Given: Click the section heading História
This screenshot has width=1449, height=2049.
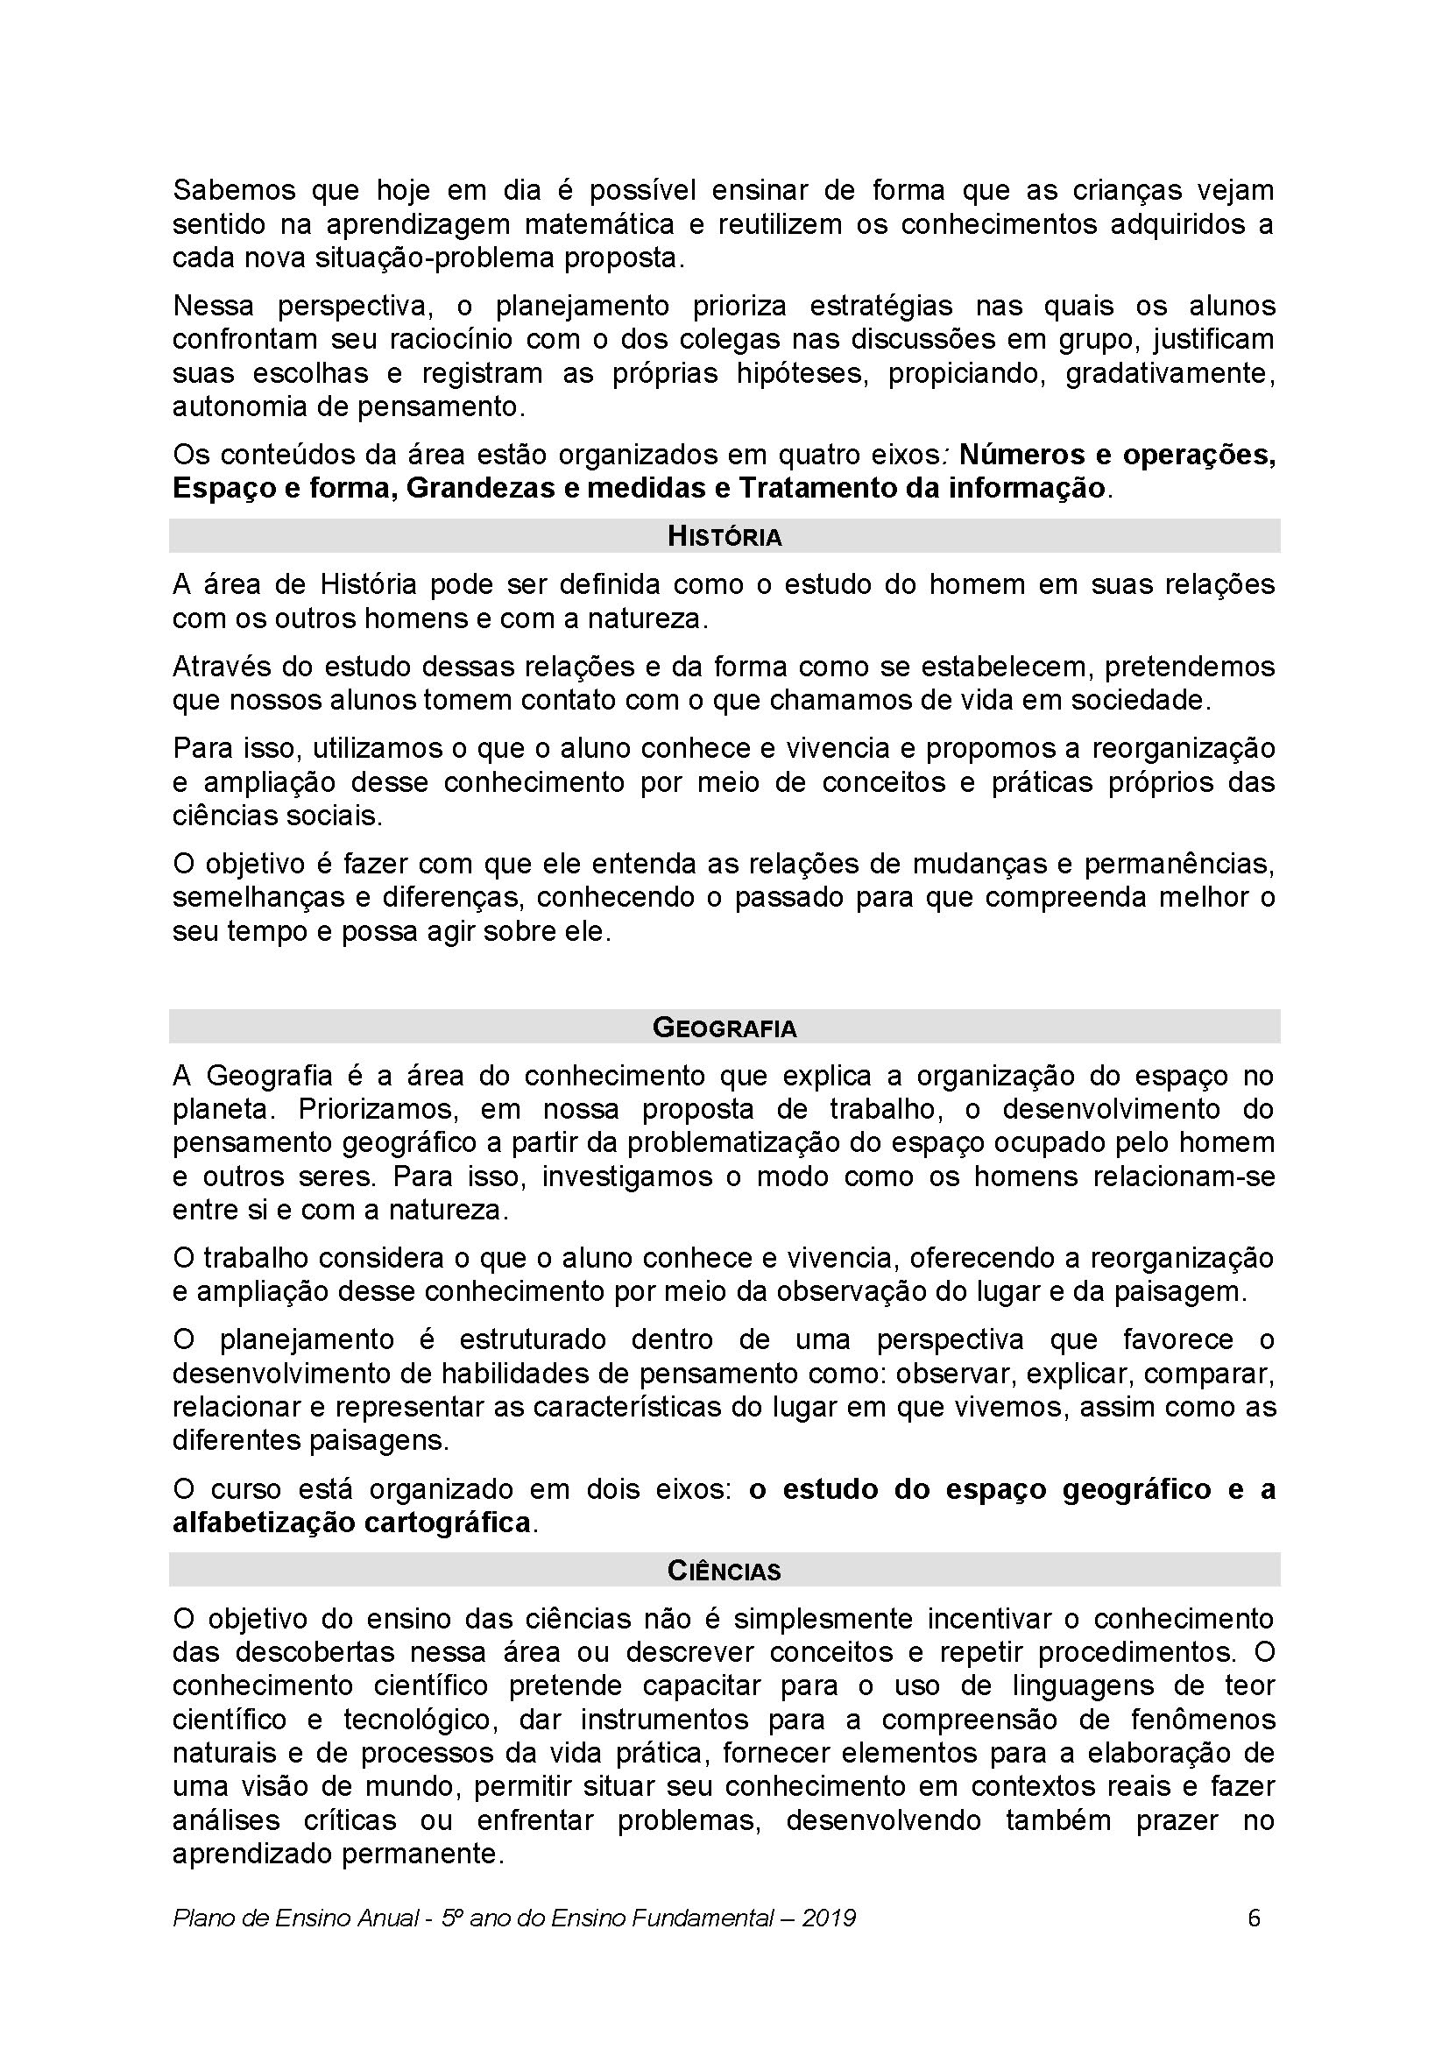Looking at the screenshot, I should click(x=724, y=536).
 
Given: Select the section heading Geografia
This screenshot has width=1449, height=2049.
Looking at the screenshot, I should click(x=724, y=1028).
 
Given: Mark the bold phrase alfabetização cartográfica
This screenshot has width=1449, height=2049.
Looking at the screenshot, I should click(x=351, y=1522).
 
